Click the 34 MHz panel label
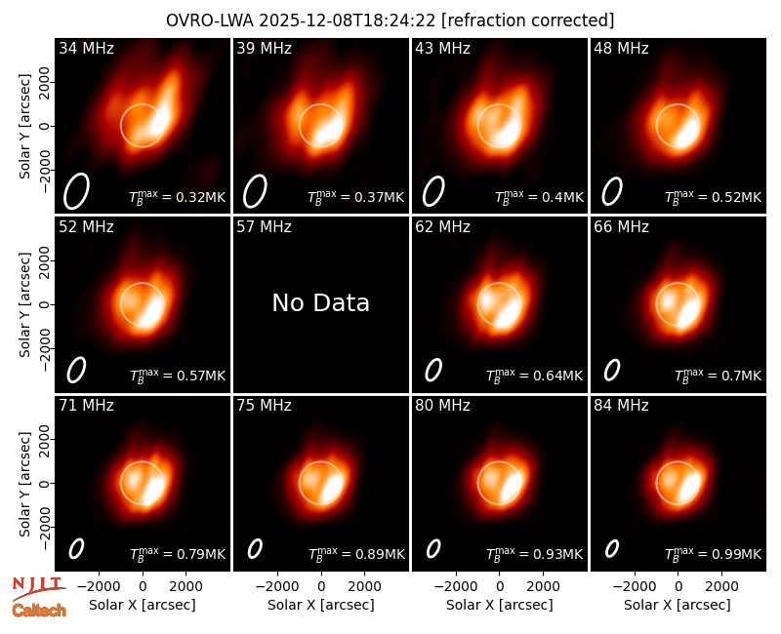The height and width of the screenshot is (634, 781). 86,48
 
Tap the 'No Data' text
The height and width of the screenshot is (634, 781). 321,302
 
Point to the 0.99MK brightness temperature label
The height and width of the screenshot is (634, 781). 714,553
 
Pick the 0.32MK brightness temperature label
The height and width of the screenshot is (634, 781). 178,197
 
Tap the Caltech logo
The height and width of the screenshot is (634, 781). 39,611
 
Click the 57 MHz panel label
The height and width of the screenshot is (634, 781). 264,227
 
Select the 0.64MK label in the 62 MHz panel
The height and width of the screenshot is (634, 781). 534,376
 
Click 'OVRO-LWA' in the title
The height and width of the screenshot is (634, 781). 210,20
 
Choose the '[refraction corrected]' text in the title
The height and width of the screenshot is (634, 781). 528,20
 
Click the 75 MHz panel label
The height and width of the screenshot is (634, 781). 264,406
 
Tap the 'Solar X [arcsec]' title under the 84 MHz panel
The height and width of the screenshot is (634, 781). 678,605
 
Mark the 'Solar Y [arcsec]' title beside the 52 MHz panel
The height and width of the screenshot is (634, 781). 24,304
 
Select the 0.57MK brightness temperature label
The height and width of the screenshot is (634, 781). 178,376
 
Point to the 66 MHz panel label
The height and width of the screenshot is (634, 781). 621,227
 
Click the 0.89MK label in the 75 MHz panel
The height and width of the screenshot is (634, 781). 356,553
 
